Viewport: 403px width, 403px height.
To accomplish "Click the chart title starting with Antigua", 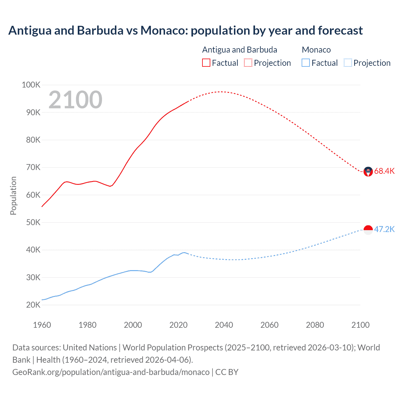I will pos(185,31).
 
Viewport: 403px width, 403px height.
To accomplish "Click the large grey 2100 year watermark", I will pos(75,100).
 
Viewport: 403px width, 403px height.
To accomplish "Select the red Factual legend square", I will pos(206,63).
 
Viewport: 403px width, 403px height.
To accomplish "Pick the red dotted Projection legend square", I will pos(248,63).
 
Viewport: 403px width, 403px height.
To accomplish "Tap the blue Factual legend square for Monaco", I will pos(306,63).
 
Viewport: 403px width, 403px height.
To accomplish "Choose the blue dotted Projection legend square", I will pos(348,63).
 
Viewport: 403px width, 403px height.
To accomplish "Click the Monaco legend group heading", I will pos(316,50).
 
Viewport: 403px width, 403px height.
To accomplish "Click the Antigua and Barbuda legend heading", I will pos(240,50).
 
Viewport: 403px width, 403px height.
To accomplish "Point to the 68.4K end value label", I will pos(384,171).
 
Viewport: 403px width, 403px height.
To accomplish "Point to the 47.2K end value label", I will pos(384,229).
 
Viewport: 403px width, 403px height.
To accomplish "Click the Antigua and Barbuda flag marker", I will pos(368,172).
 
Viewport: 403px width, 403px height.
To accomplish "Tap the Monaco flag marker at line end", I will pos(368,230).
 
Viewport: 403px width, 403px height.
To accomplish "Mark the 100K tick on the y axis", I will pos(31,85).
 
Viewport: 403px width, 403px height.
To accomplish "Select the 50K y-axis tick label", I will pos(33,222).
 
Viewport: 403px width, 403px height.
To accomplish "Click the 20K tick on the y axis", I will pos(33,305).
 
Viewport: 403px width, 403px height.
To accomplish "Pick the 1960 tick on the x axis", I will pos(42,325).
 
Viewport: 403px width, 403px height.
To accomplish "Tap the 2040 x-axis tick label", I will pos(224,325).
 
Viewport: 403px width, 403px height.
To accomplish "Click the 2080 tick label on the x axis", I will pos(315,325).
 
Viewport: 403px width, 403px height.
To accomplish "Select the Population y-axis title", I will pos(13,196).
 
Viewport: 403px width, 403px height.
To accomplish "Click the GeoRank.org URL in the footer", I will pos(111,372).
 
